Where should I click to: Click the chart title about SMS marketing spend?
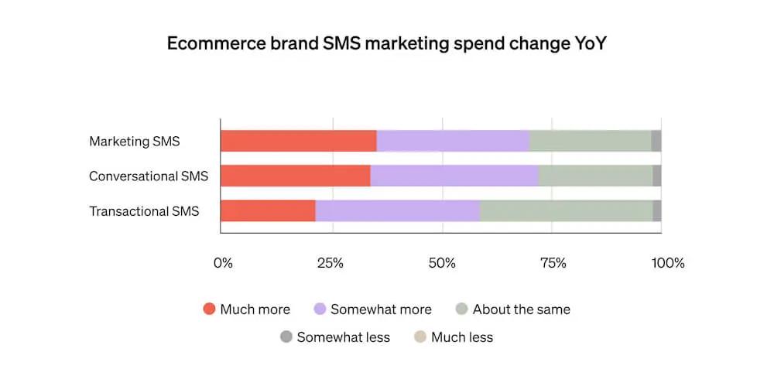pos(386,44)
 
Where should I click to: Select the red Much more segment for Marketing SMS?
pos(298,141)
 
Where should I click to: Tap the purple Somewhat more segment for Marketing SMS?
pos(452,141)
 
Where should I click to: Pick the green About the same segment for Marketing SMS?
pos(589,141)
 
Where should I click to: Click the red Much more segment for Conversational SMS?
pos(295,176)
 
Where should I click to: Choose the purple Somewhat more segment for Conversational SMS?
pos(454,176)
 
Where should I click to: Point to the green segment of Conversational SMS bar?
pos(594,176)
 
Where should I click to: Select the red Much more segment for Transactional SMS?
pos(268,210)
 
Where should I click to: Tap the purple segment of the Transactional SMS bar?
pos(397,210)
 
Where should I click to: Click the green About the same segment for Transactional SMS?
pos(566,210)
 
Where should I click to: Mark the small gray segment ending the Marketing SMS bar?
pos(656,141)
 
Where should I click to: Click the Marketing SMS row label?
pos(135,142)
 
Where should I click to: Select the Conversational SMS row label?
pos(149,176)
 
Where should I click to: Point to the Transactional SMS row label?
pos(144,211)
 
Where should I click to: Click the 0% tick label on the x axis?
pos(223,263)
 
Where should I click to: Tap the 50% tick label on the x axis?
pos(442,263)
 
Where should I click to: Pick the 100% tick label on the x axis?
pos(667,263)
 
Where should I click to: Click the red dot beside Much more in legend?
pos(209,309)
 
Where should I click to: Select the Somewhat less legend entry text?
pos(343,337)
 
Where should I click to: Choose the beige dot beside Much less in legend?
pos(420,337)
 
